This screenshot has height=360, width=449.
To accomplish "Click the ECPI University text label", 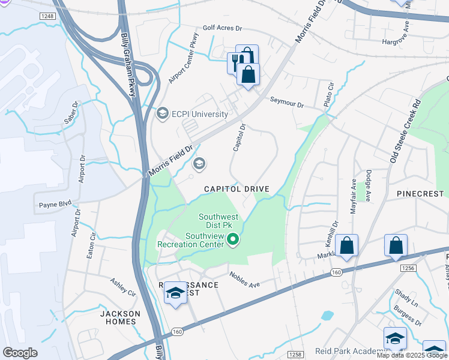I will [200, 114].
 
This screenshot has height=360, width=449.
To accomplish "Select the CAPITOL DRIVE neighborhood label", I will [237, 189].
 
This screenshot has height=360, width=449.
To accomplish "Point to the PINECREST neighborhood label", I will [420, 194].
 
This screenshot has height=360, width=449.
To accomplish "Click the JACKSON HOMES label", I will [120, 317].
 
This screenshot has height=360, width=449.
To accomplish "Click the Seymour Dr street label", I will [287, 103].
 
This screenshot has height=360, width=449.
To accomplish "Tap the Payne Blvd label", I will [56, 204].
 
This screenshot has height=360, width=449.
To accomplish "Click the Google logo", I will [20, 353].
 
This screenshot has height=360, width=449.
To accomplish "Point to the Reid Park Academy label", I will [348, 351].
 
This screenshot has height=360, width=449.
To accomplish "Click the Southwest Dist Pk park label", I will [219, 221].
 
